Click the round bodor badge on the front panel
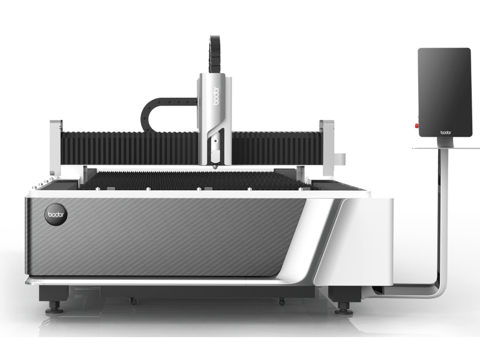tap(56, 214)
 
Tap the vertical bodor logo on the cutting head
tap(216, 96)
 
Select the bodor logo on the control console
tap(445, 133)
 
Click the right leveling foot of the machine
tap(343, 308)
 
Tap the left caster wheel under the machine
tap(133, 302)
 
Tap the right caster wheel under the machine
tap(281, 302)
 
